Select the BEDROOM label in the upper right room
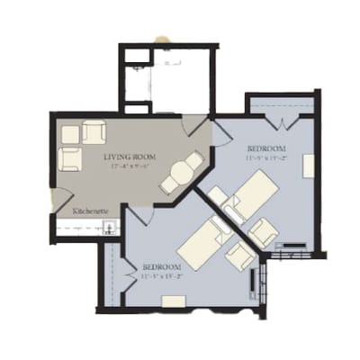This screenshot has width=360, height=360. (266, 148)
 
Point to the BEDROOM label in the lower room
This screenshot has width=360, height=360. (163, 267)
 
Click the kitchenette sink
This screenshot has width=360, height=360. (109, 226)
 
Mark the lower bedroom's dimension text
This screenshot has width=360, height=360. (163, 277)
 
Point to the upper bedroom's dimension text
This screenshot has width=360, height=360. (266, 157)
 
